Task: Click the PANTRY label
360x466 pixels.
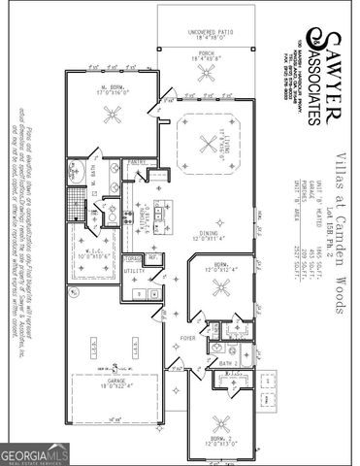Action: [136, 162]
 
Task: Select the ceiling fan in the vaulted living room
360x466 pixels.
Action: [206, 145]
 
